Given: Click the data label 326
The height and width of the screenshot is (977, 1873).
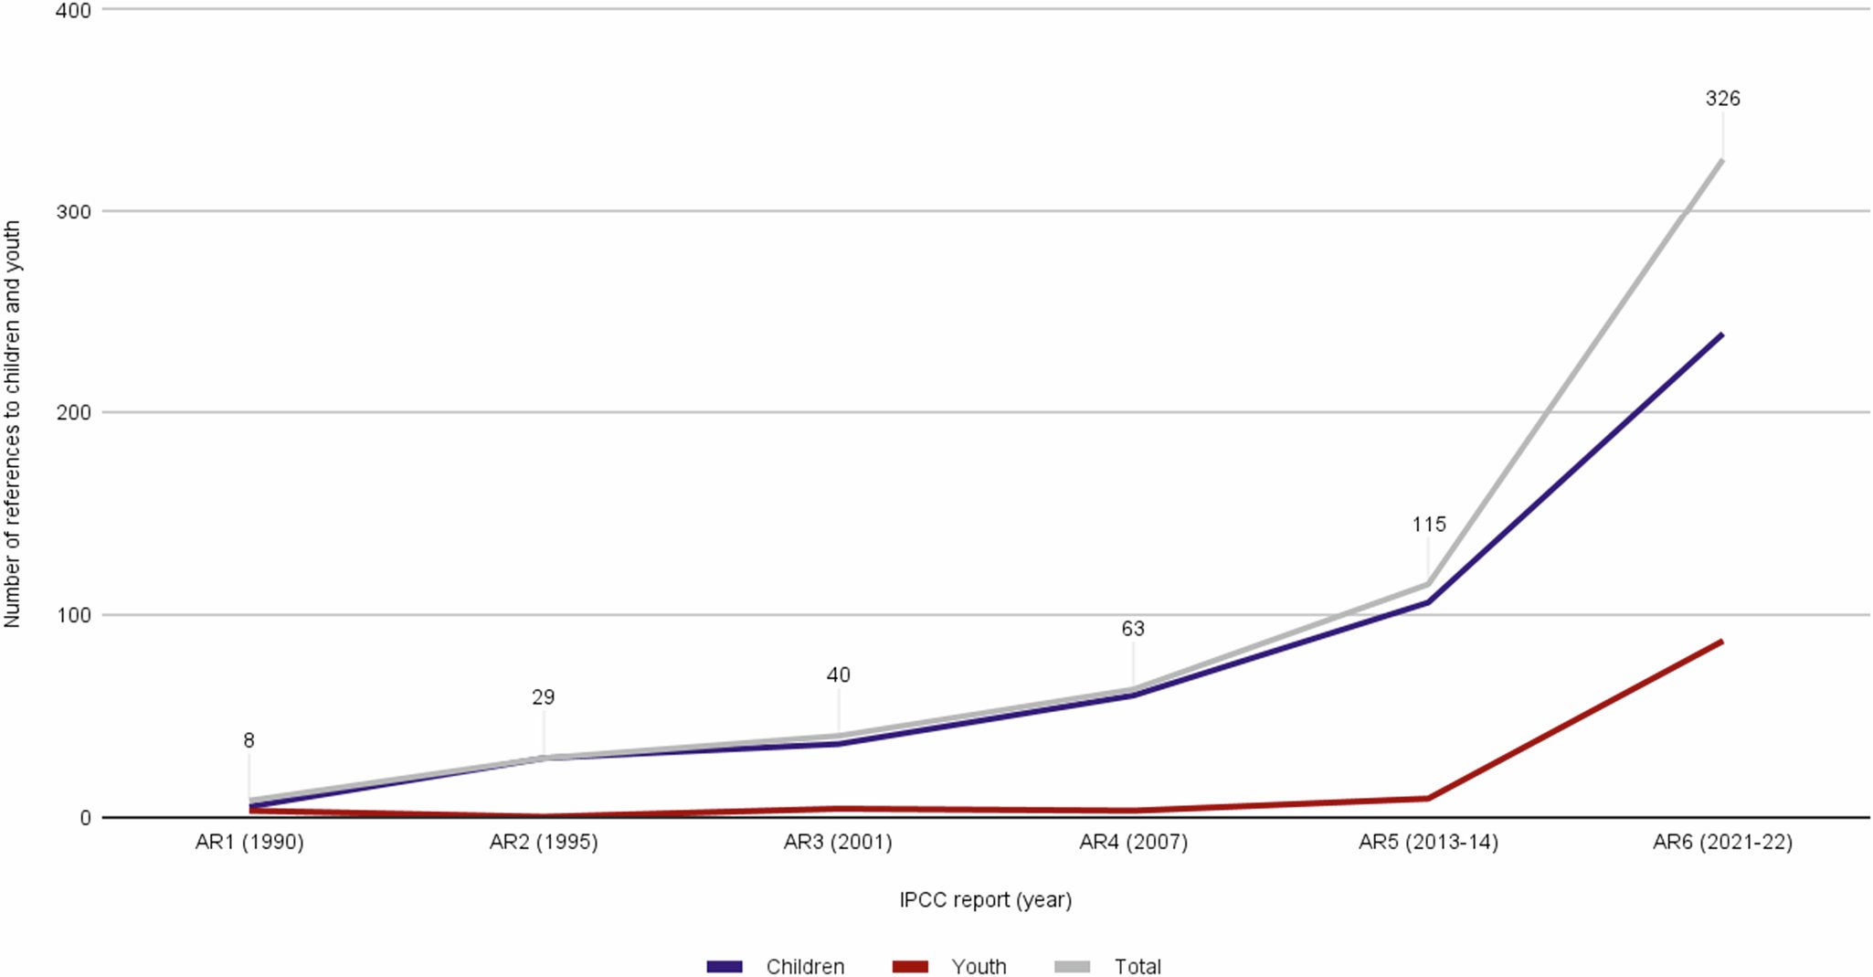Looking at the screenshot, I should tap(1722, 99).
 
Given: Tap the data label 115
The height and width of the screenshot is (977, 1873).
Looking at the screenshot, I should tap(1429, 525).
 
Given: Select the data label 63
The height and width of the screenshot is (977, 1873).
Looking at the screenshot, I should tap(1133, 629).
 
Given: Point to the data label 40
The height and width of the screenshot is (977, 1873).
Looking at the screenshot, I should tap(838, 675).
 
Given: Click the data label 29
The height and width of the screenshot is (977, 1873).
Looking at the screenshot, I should tap(543, 697).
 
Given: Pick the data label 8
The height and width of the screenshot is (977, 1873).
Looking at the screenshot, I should tap(249, 740).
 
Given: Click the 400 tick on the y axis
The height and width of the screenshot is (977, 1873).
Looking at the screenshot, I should tap(73, 11).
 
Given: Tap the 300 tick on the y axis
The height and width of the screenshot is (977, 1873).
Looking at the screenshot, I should tap(73, 212).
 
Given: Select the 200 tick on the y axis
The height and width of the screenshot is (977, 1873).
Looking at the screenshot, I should tap(73, 413).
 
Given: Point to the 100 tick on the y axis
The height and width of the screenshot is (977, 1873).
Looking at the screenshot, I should tap(73, 615).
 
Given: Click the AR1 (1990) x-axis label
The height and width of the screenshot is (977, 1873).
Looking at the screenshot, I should tap(249, 842).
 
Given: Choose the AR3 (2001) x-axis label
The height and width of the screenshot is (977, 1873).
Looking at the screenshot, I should tap(838, 842).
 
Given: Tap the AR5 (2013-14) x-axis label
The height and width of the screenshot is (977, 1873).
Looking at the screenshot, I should tap(1428, 842).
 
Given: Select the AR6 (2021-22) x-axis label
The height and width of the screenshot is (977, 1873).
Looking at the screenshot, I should tap(1722, 842).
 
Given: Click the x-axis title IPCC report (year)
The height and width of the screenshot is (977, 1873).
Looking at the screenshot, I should tap(985, 899).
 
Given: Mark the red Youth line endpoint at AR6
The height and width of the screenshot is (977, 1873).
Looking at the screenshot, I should tap(1721, 642).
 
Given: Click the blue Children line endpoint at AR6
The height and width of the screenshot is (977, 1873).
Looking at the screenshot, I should tap(1721, 335).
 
